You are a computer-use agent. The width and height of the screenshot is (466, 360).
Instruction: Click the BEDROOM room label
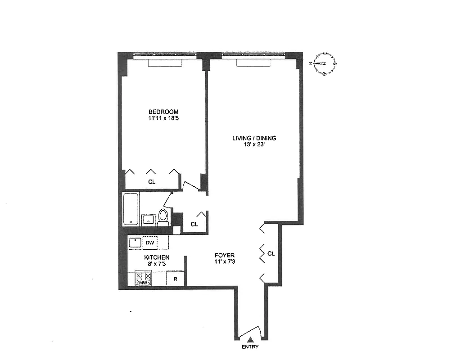coord(164,112)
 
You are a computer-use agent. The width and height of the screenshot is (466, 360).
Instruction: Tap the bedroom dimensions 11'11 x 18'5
coord(164,119)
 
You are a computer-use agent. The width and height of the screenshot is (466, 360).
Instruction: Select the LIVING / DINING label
coord(254,138)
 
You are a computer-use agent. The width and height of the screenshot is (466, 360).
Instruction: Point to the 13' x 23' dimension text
coord(254,145)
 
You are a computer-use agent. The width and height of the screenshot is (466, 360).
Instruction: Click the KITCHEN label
coord(157,257)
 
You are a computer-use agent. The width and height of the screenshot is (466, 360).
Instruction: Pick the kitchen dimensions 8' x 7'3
coord(157,264)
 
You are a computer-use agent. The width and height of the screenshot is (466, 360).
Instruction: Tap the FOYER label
coord(225,256)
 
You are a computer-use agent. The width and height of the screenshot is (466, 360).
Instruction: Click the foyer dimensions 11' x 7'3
coord(225,262)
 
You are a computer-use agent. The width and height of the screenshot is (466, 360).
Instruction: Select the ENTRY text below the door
coord(250,347)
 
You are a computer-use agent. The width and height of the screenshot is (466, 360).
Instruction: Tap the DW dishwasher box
coord(150,243)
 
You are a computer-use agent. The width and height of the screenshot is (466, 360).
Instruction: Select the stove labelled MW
coord(143,279)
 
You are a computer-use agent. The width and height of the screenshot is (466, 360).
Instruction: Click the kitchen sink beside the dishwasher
coord(135,243)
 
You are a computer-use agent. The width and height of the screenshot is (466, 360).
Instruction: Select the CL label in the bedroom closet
coord(152,182)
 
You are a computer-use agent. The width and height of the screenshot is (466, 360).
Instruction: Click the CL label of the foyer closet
coord(271,254)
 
